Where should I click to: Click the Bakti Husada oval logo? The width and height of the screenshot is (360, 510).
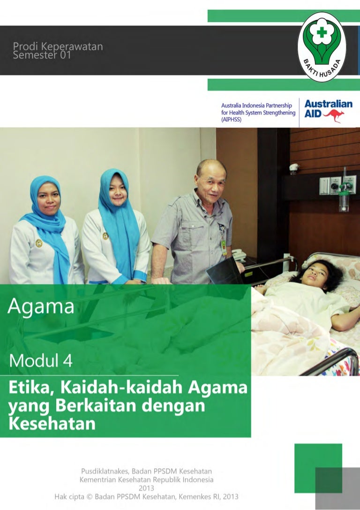[x=322, y=47]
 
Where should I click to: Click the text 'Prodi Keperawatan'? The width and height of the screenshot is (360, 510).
[x=58, y=47]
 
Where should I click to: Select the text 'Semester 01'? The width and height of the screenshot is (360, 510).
[x=42, y=55]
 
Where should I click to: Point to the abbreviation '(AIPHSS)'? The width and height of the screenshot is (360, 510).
[x=232, y=120]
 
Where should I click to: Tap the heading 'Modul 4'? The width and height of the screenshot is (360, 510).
[x=41, y=360]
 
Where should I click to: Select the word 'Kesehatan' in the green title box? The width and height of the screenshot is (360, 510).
[x=52, y=424]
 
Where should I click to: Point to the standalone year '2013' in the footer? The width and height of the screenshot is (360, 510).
[x=146, y=488]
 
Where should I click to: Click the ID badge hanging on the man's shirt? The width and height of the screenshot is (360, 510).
[x=224, y=247]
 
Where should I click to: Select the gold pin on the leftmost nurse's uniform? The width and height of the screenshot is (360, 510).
[x=38, y=243]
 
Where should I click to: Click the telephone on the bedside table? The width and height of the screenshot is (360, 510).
[x=239, y=255]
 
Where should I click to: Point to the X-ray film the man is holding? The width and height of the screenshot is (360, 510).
[x=224, y=272]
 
